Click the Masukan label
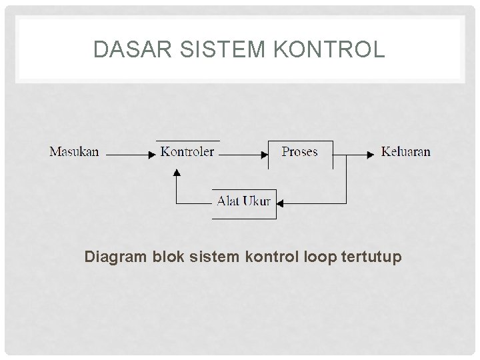coord(74,151)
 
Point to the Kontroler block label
coord(187,151)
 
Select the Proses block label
coord(299,151)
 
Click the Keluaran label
coord(405,151)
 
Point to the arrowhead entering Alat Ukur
coord(281,202)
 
